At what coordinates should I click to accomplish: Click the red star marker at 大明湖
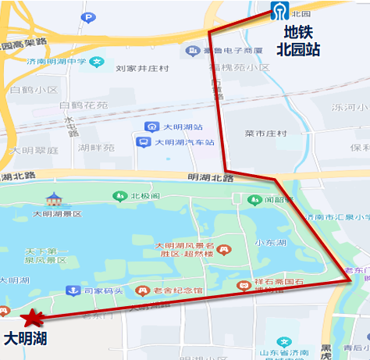tap(32, 318)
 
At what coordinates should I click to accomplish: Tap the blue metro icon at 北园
tap(277, 11)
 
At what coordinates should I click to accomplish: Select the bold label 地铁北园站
tap(298, 41)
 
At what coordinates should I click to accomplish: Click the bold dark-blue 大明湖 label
tap(26, 339)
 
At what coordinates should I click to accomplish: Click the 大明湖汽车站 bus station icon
tap(143, 142)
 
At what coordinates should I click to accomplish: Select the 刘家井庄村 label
tap(141, 69)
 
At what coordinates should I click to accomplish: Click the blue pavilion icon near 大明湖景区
tap(53, 198)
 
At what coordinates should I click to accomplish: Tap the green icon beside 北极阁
tap(119, 197)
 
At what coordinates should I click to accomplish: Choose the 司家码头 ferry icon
tap(72, 290)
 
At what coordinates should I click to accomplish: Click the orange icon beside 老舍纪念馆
tap(141, 290)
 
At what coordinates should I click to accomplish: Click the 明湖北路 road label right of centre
tap(211, 178)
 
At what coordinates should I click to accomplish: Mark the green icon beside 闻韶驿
tap(254, 200)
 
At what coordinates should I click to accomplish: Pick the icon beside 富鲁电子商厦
tap(190, 52)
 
